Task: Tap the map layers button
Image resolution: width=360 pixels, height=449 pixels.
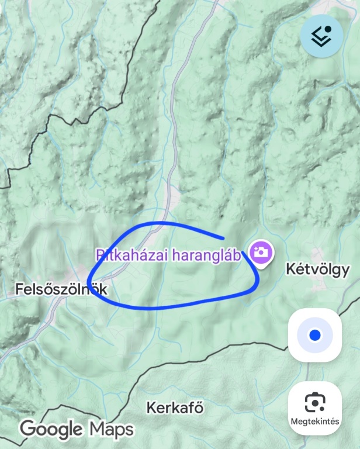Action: (321, 36)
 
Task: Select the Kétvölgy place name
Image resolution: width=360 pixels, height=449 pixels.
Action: (317, 270)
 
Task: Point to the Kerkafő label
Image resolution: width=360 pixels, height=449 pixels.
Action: (175, 407)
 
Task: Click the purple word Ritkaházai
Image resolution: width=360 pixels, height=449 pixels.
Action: (130, 255)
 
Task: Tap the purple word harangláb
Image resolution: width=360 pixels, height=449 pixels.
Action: (205, 255)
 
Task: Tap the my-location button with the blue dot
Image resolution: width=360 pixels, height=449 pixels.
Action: (315, 335)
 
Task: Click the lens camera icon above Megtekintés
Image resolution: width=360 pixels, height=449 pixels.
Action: (315, 403)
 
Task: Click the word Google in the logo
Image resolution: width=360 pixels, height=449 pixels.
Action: (51, 430)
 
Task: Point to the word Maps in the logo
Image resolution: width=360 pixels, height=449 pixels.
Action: (111, 430)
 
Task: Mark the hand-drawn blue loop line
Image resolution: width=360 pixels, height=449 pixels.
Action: (175, 303)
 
